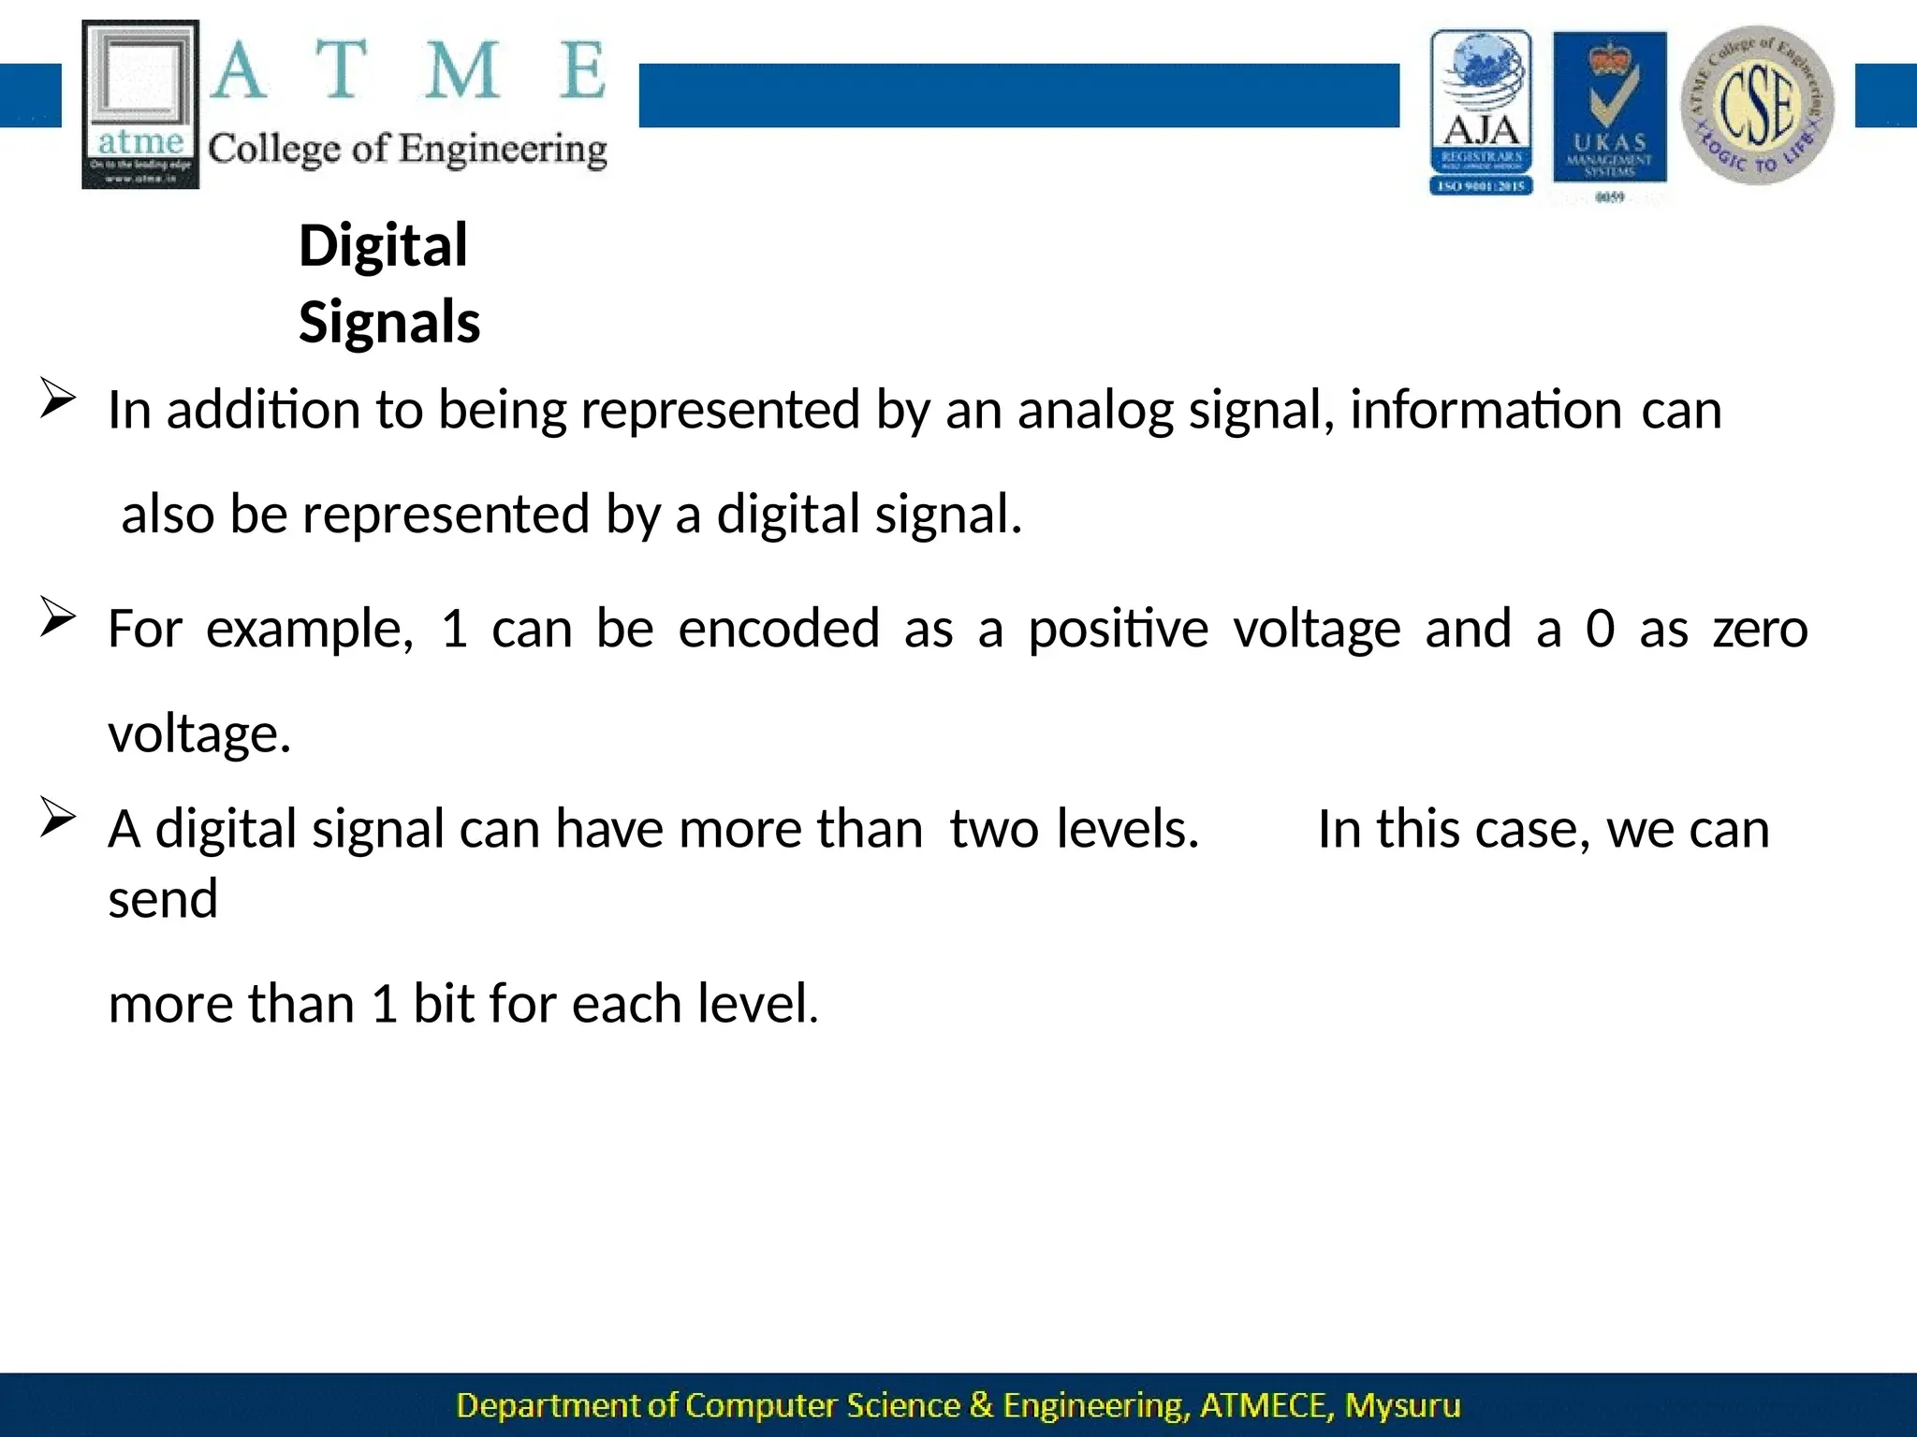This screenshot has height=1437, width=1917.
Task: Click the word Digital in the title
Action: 383,246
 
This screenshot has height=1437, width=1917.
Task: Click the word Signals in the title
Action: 389,323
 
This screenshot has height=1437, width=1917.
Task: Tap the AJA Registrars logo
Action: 1481,112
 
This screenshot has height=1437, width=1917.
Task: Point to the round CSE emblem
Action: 1757,105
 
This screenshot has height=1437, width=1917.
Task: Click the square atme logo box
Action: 140,104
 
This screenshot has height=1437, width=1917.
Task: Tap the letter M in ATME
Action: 461,71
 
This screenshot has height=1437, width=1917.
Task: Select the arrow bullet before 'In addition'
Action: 57,399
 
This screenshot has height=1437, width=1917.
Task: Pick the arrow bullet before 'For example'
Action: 57,618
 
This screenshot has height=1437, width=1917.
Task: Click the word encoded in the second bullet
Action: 779,628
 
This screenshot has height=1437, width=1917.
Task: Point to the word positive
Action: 1119,628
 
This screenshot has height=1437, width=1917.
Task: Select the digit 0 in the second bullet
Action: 1600,628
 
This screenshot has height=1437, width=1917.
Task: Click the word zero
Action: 1761,629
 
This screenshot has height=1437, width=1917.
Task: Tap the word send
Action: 163,899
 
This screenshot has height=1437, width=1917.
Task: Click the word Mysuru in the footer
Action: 1402,1406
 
